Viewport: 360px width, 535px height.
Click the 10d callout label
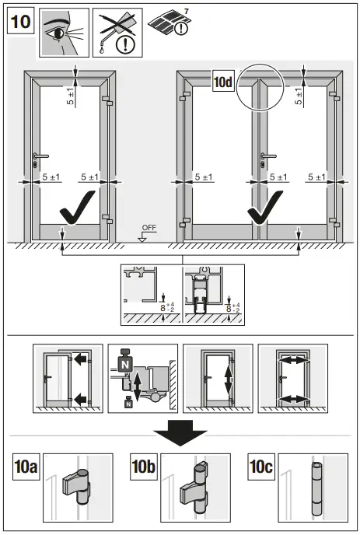223,80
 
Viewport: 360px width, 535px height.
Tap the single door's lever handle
38,158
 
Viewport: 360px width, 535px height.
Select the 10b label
145,469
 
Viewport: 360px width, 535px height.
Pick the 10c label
262,469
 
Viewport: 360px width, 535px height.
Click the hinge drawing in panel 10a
78,488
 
